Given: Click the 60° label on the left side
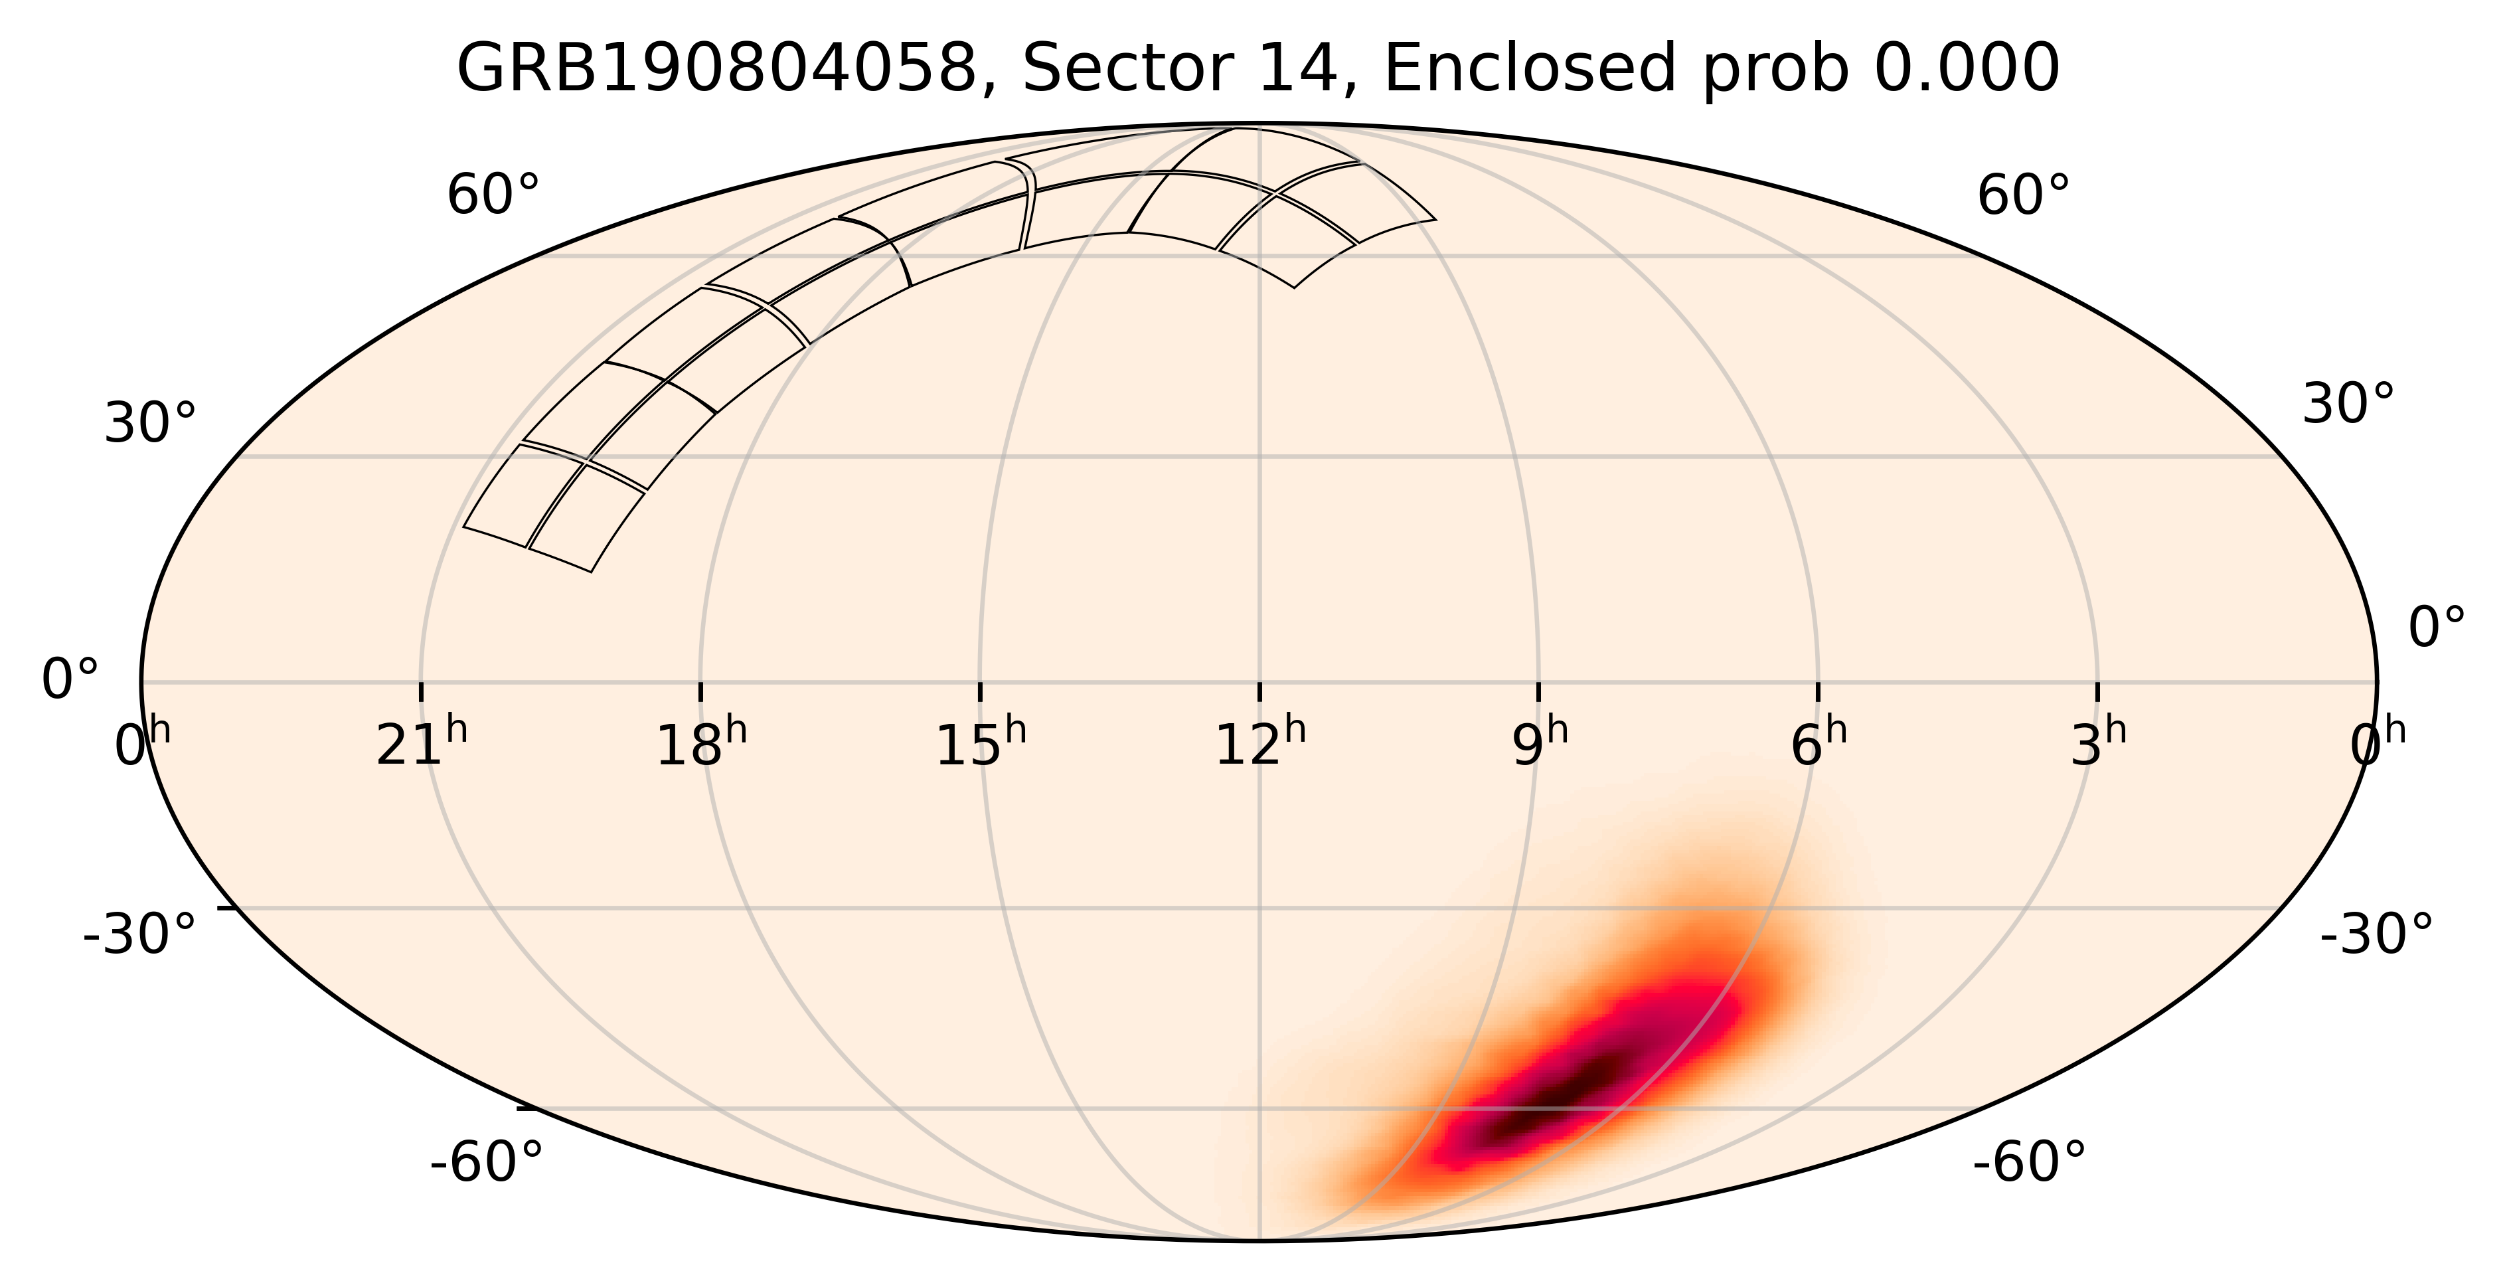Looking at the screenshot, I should (x=493, y=196).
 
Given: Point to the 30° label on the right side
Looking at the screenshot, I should (x=2347, y=404).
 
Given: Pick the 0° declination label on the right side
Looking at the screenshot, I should (x=2437, y=628).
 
